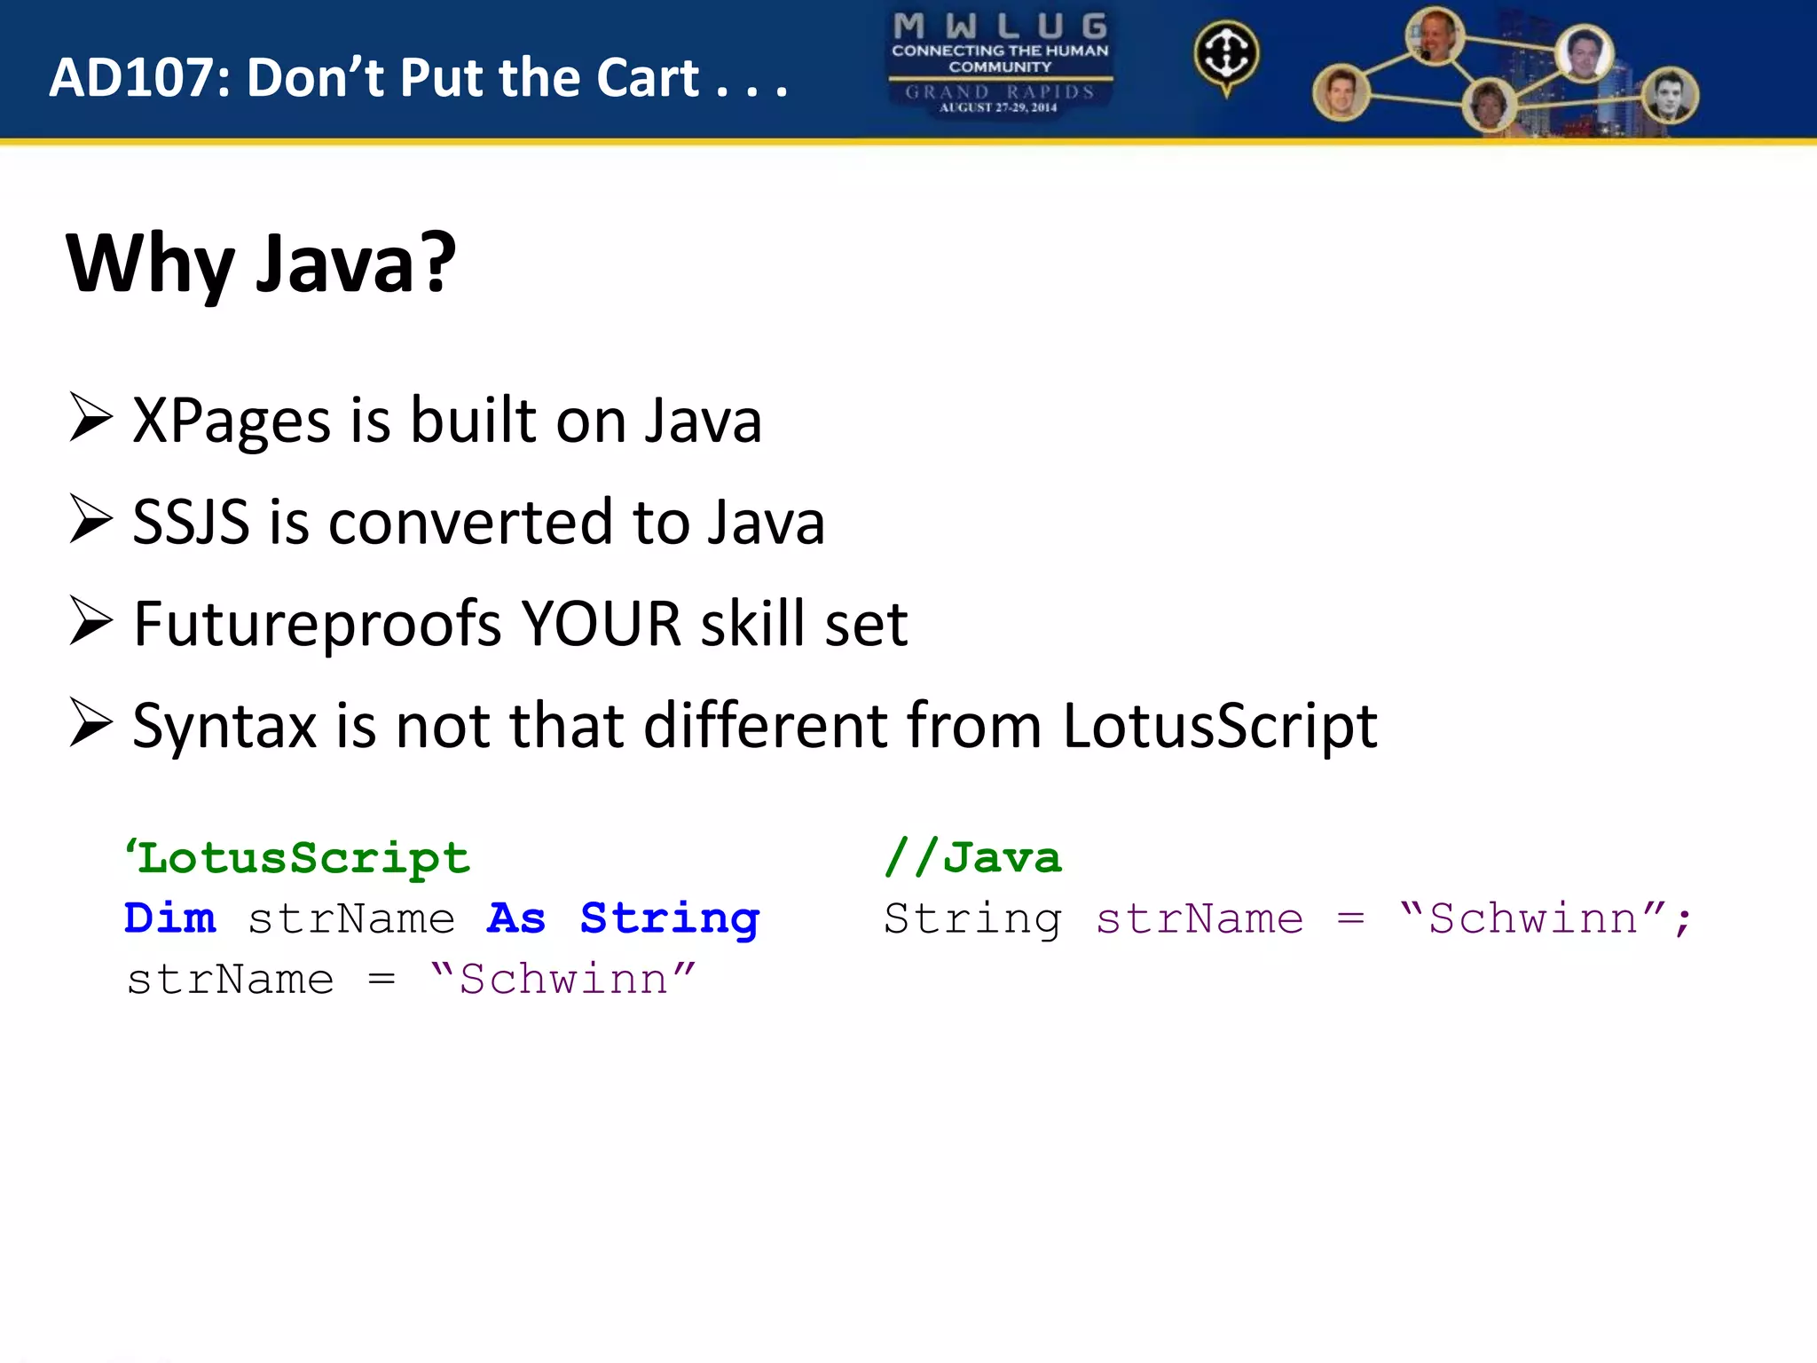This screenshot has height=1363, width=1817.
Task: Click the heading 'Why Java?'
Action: (261, 264)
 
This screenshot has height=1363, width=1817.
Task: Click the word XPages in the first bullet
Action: (231, 421)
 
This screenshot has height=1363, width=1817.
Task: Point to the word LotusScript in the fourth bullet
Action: (1219, 726)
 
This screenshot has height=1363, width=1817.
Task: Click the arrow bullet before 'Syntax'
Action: (91, 723)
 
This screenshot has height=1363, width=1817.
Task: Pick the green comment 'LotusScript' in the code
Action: (298, 858)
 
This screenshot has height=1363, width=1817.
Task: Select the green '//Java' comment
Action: (972, 858)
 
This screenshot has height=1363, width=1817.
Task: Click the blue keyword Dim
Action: (170, 918)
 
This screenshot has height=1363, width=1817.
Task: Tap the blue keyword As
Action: (516, 918)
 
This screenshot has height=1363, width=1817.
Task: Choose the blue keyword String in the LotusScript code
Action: (670, 918)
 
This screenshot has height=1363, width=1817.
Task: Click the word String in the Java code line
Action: (972, 918)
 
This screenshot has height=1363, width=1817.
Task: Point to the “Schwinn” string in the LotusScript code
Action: (562, 980)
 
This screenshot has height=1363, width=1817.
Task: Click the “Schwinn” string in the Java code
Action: (1532, 918)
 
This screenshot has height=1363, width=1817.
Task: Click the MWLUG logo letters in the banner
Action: (1000, 26)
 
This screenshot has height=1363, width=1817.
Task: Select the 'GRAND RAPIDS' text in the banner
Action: (1000, 91)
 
